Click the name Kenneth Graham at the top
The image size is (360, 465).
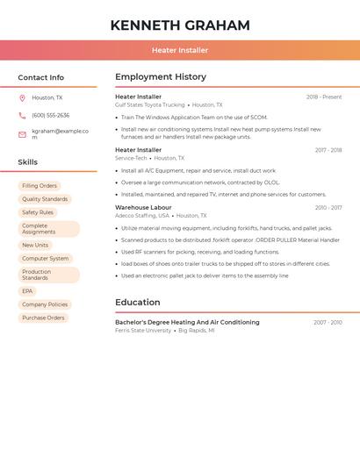[x=180, y=25]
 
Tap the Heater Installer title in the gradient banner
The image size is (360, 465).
[x=180, y=51]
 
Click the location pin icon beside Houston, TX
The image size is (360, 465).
[x=23, y=98]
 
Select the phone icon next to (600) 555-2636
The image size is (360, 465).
[x=23, y=115]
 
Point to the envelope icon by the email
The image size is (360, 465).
[x=23, y=134]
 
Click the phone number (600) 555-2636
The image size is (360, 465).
[x=50, y=115]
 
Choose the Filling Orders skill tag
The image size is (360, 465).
[x=40, y=186]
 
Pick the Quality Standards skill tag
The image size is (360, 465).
[x=45, y=199]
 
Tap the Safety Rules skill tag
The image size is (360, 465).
[x=38, y=212]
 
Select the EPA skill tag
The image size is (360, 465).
[x=27, y=291]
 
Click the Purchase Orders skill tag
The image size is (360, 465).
[x=43, y=318]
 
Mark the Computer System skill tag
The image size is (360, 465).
[x=45, y=259]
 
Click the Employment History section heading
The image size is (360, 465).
[x=161, y=77]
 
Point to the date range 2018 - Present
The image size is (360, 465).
[x=324, y=97]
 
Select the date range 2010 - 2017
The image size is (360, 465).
[x=328, y=208]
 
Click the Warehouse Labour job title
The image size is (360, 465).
[x=143, y=208]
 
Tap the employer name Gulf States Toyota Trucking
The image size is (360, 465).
[x=150, y=105]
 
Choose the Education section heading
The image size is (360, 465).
[x=137, y=303]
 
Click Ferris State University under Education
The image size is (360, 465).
[x=143, y=331]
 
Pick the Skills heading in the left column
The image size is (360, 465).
[x=28, y=162]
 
